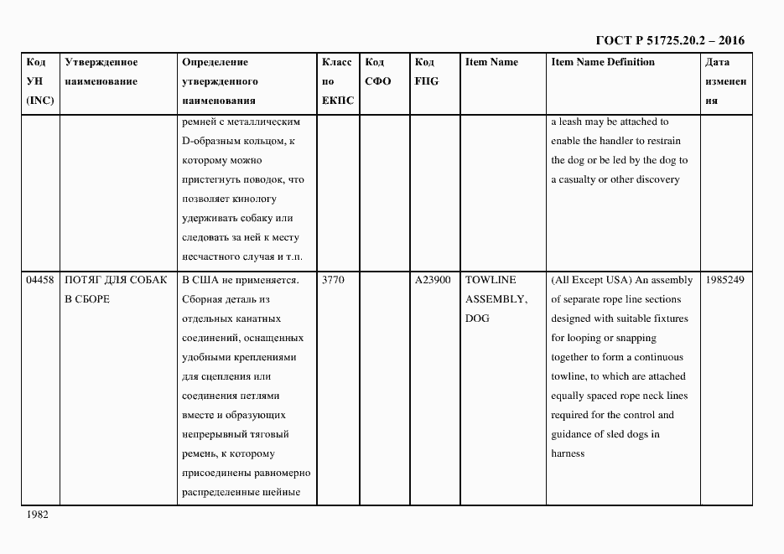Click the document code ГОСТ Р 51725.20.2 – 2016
point(669,39)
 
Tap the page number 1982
point(38,515)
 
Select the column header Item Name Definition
point(603,62)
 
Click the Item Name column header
point(491,62)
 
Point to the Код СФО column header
point(378,72)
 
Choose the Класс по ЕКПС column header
point(337,81)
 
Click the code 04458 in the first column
point(40,280)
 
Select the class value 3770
point(333,280)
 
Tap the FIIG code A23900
point(433,280)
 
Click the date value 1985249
point(725,280)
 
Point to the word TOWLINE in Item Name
point(491,280)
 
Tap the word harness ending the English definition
point(568,453)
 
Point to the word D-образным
point(210,141)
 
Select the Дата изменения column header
point(725,81)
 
